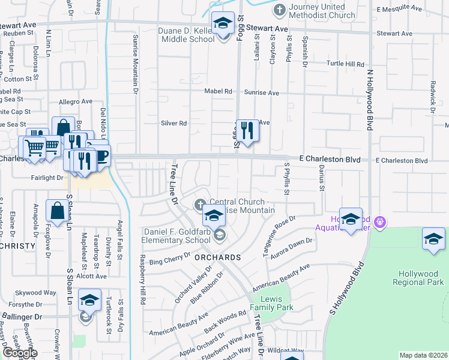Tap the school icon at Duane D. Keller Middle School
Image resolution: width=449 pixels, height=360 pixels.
(x=223, y=25)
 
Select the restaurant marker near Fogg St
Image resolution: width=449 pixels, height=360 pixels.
(x=247, y=130)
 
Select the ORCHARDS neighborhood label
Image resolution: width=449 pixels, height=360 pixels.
(x=217, y=257)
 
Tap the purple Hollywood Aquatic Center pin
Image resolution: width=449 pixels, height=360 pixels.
(x=379, y=223)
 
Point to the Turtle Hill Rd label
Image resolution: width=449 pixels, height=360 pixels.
(x=345, y=64)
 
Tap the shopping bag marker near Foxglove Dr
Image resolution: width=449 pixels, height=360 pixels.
(x=57, y=212)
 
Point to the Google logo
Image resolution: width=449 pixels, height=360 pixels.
(x=19, y=353)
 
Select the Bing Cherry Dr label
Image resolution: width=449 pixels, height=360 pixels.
(x=170, y=261)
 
